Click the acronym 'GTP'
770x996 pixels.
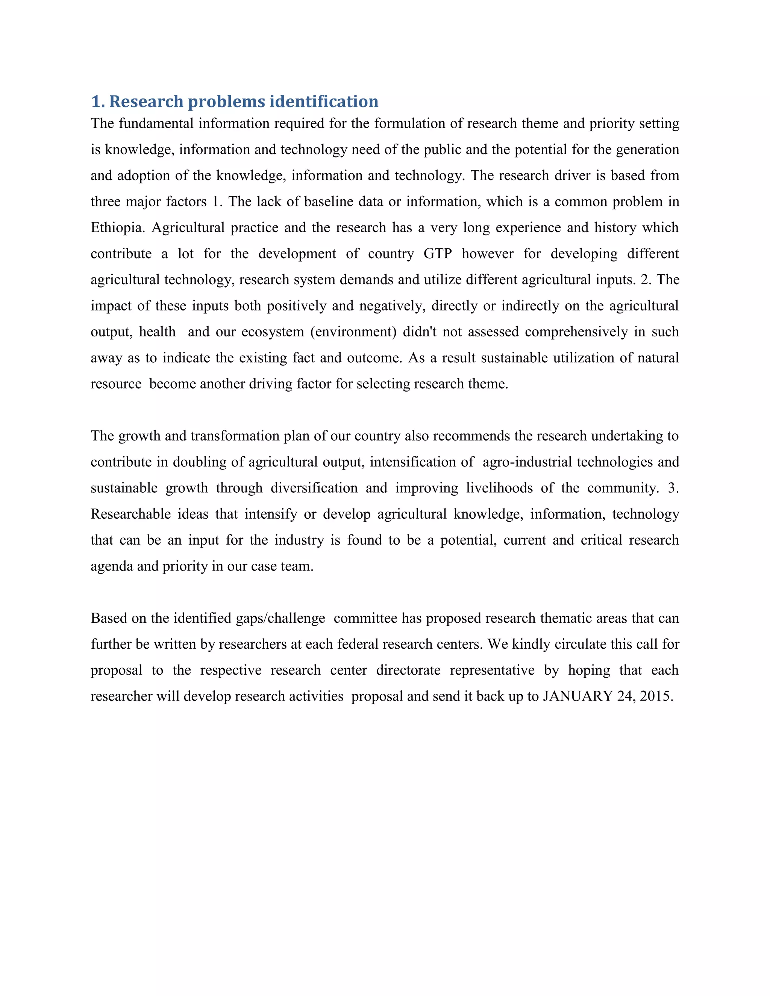[438, 254]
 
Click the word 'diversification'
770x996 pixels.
[314, 488]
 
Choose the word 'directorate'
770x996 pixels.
[408, 671]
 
